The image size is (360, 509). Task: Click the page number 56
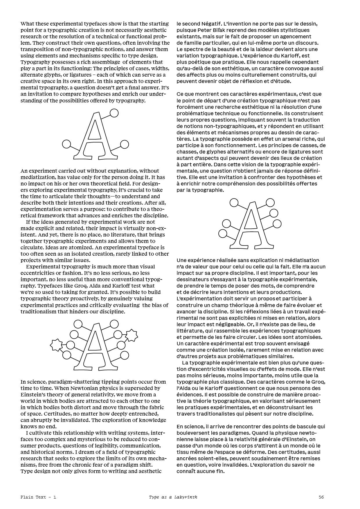point(321,497)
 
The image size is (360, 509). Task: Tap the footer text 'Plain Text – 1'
point(38,497)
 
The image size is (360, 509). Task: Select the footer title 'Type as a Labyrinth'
point(173,497)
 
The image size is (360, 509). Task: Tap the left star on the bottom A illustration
point(56,344)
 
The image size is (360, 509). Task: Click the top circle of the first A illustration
point(114,113)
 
